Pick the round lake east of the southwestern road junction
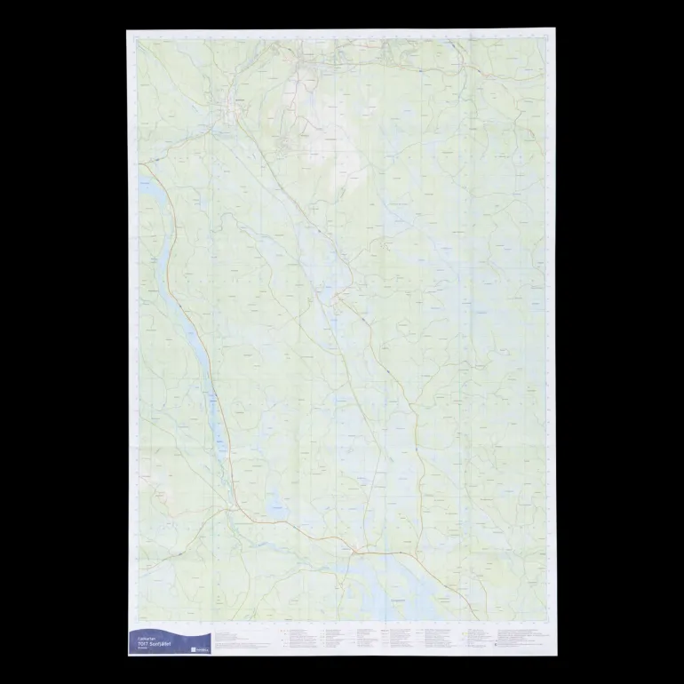click(276, 507)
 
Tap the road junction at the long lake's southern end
click(233, 508)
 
